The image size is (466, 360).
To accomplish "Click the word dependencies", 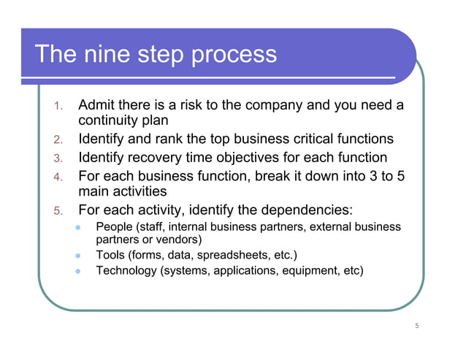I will [x=318, y=211].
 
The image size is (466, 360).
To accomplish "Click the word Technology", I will [x=129, y=272].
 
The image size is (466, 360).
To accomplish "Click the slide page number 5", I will [x=416, y=326].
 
